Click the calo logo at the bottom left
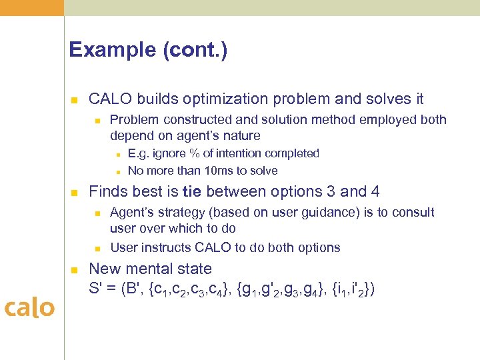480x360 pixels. tap(29, 308)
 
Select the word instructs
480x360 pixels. tap(165, 248)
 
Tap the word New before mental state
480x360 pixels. tap(104, 269)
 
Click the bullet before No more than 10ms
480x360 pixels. tap(117, 171)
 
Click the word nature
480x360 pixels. tap(241, 136)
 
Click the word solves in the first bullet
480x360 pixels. tap(378, 99)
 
